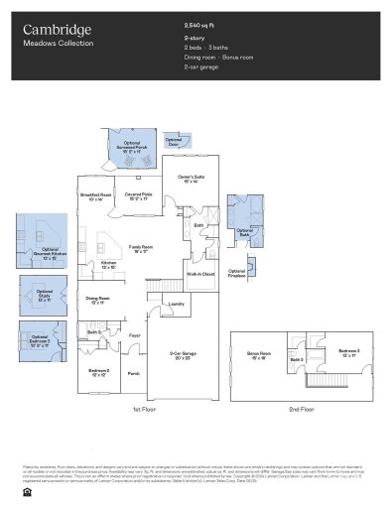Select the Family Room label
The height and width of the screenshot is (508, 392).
(x=140, y=247)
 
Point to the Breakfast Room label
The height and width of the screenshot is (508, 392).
(x=96, y=196)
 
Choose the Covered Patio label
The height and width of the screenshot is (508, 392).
(x=138, y=196)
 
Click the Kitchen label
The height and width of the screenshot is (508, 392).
(x=109, y=265)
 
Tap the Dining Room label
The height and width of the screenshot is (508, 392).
(x=96, y=299)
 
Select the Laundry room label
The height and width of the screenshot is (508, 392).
(x=177, y=304)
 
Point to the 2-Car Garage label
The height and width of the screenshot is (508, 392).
(x=182, y=355)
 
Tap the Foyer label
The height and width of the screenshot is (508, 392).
(x=135, y=335)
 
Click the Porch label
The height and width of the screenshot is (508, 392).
(x=133, y=373)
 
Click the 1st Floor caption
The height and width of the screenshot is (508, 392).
(x=143, y=409)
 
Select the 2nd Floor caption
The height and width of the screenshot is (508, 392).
(x=302, y=409)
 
